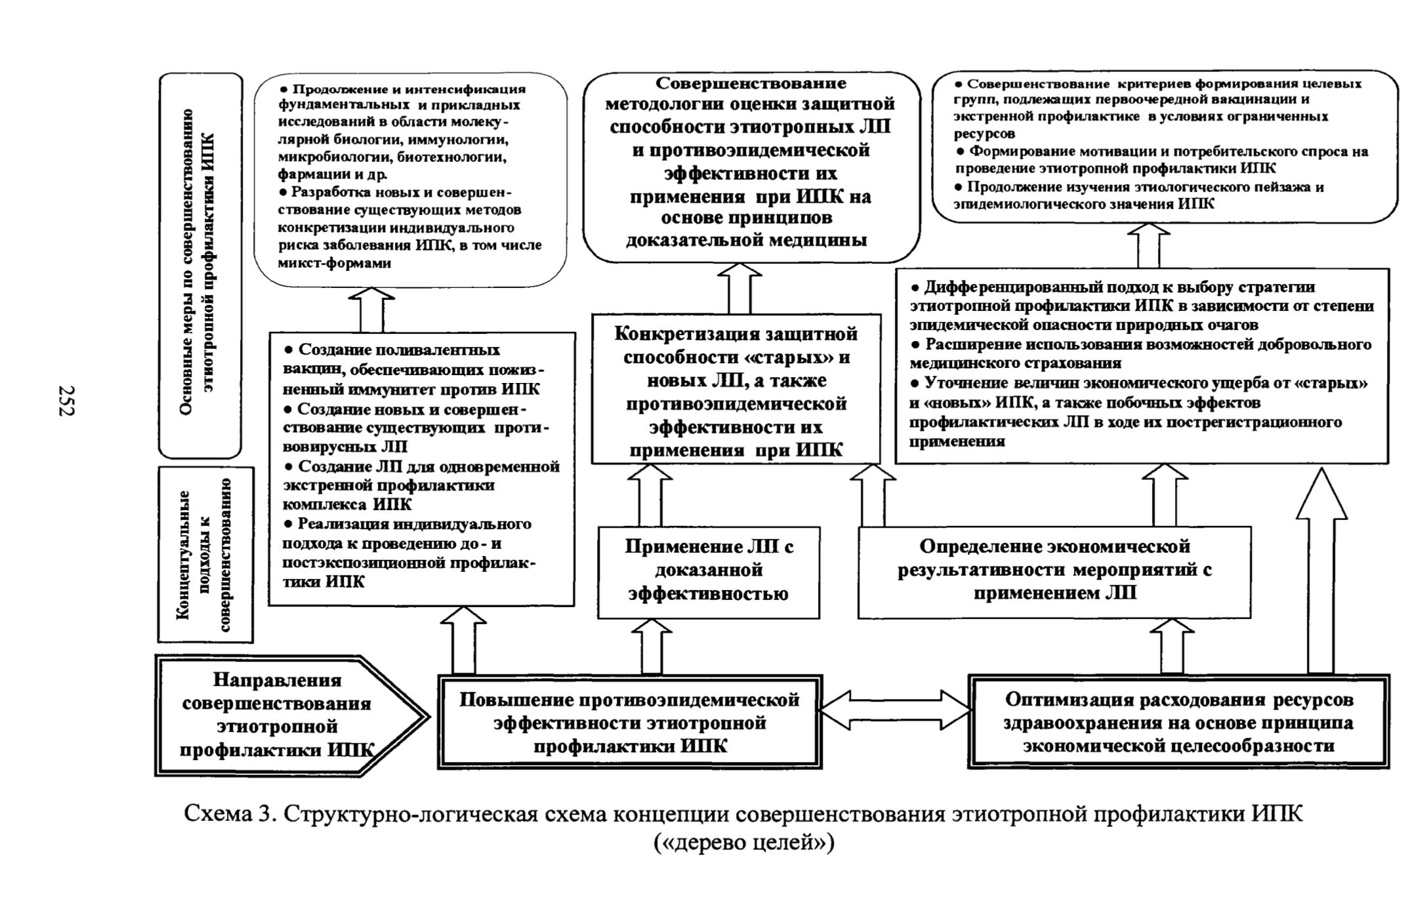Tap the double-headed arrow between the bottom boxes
[895, 710]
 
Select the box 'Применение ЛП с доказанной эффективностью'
[709, 572]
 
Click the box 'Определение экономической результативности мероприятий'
[1054, 572]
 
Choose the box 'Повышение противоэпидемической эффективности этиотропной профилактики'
[630, 721]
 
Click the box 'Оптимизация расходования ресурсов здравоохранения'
[1178, 721]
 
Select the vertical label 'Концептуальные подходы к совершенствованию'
[205, 555]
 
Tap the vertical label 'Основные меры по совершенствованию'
[200, 266]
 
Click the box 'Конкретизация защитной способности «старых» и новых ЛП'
[735, 390]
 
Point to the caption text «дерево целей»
[744, 842]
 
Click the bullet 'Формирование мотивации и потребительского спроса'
[1161, 160]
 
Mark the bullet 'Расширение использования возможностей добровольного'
[1140, 353]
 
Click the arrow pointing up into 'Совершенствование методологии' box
[739, 289]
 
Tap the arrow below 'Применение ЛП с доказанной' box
[651, 647]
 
